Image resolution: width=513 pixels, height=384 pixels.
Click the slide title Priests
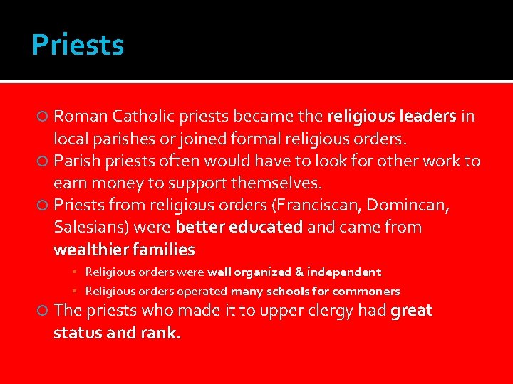(78, 45)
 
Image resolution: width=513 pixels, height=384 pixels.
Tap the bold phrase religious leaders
(391, 116)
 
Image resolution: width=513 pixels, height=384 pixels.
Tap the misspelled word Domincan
(418, 206)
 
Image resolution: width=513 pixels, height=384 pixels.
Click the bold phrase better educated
(239, 228)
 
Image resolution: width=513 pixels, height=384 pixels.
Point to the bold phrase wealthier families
(124, 250)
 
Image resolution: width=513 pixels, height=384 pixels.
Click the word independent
(343, 272)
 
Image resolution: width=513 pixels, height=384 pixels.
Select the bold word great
(411, 311)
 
